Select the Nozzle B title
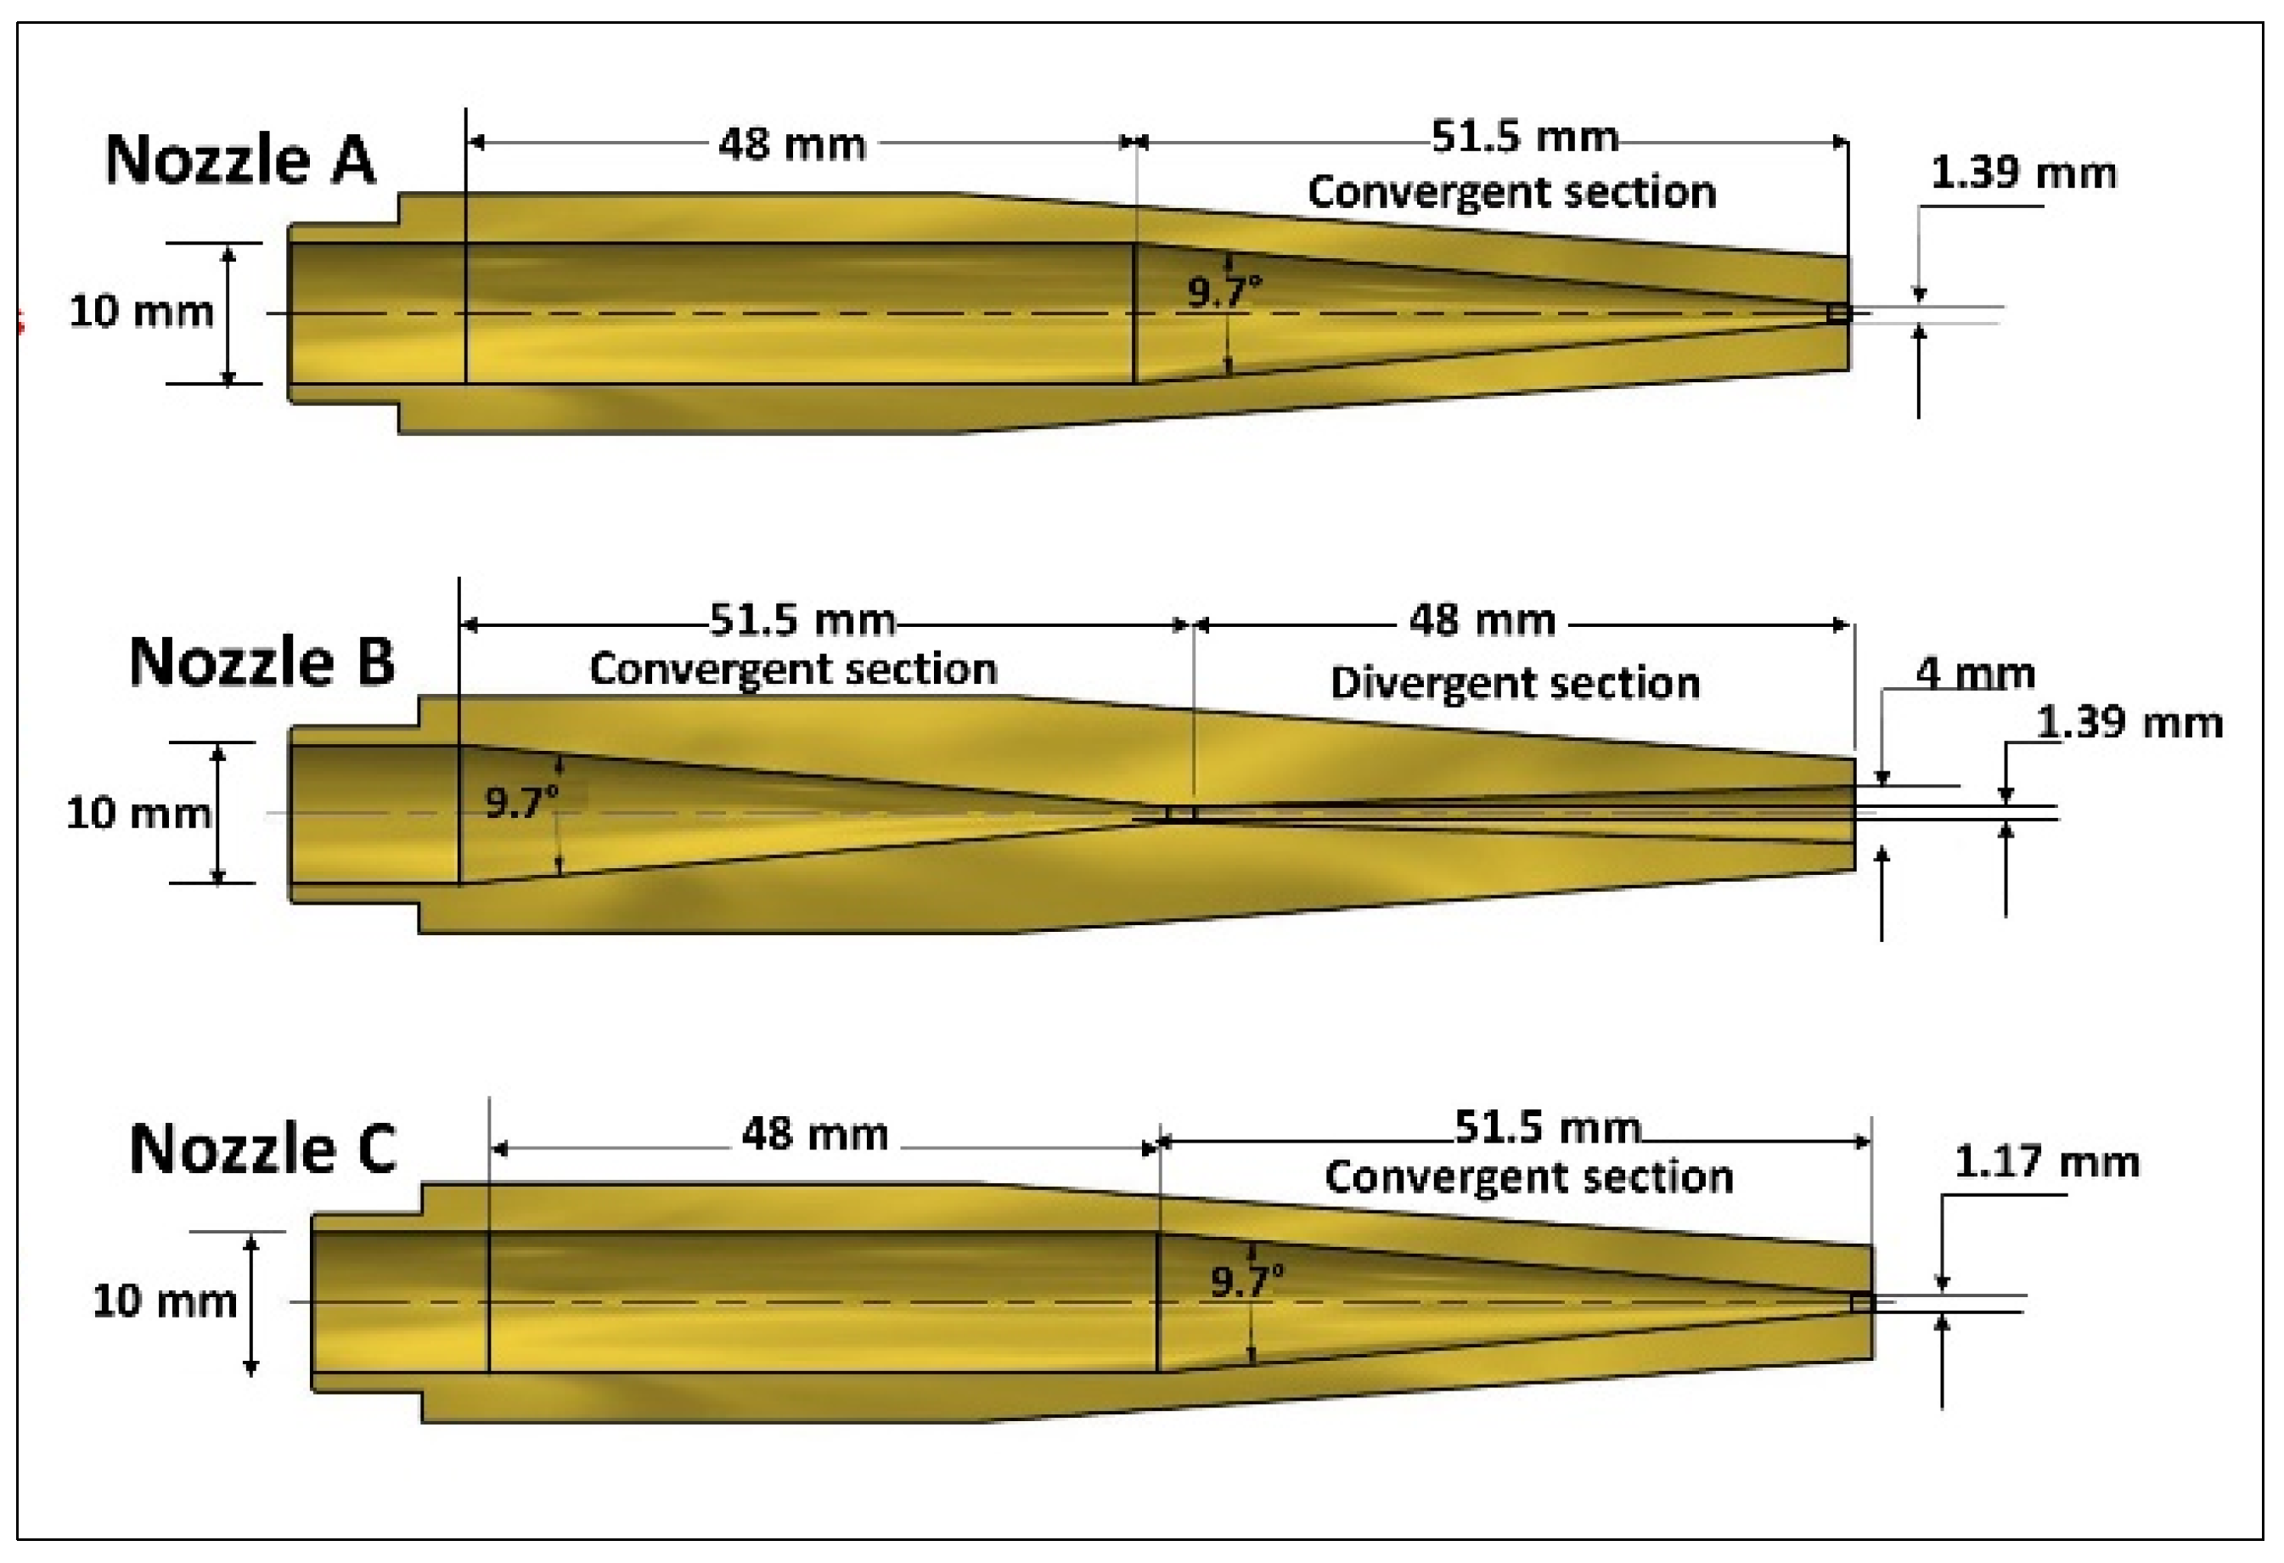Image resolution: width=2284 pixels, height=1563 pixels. tap(262, 661)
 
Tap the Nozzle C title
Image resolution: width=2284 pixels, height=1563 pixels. tap(262, 1148)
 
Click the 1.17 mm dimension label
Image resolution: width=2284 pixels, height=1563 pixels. tap(2045, 1162)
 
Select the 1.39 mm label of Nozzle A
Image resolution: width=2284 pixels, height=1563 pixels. tap(2022, 173)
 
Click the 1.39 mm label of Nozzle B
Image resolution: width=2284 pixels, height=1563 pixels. tap(2129, 723)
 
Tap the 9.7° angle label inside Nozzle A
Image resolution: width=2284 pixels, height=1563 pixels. tap(1224, 291)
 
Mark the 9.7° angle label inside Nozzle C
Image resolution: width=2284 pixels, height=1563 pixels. tap(1246, 1281)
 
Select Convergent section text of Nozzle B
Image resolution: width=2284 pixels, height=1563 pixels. tap(792, 669)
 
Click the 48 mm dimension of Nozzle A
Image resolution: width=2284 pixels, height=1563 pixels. tap(791, 144)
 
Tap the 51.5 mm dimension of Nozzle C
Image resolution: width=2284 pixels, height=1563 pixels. tap(1547, 1127)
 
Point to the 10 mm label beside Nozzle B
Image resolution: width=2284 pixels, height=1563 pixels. tap(138, 813)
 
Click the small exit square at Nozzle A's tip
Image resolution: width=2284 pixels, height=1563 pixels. tap(1839, 313)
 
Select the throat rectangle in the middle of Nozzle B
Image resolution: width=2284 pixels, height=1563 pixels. tap(1180, 813)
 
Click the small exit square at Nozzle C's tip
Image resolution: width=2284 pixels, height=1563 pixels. tap(1861, 1302)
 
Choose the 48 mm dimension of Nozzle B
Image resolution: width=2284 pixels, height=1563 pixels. tap(1481, 621)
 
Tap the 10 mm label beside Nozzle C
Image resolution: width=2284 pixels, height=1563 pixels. tap(164, 1301)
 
